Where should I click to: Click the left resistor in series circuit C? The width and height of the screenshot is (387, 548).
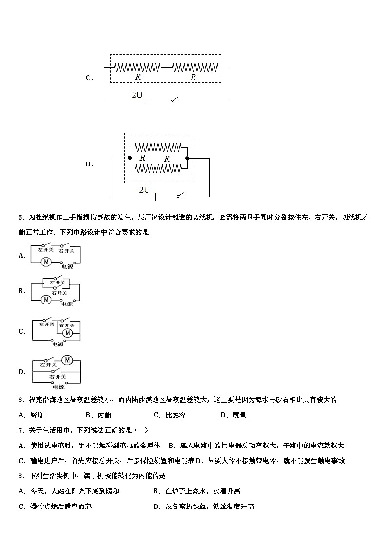(x=137, y=66)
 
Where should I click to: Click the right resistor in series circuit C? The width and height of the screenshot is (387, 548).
(x=196, y=66)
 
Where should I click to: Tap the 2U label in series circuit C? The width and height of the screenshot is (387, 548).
(x=137, y=95)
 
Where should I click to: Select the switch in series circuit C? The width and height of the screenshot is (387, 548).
(x=174, y=100)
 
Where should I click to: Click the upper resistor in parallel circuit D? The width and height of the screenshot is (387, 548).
(x=158, y=147)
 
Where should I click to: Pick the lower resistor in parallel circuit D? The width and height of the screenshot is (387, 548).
(x=158, y=168)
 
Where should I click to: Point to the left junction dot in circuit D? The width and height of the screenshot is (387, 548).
(x=129, y=158)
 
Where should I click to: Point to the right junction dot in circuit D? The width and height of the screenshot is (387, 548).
(x=188, y=158)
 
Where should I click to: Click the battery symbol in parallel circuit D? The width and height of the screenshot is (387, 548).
(x=155, y=197)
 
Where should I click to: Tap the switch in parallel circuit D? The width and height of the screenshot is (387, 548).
(x=180, y=196)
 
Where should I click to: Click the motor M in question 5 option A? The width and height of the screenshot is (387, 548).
(x=46, y=262)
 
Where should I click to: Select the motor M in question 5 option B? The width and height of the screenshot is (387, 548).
(x=46, y=299)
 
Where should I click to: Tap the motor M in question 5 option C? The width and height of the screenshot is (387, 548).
(x=68, y=333)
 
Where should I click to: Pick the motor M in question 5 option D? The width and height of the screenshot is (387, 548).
(x=67, y=360)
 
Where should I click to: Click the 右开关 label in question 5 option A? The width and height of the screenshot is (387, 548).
(x=66, y=251)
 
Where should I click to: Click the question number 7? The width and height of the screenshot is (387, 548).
(x=20, y=430)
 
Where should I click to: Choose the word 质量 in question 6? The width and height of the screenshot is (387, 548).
(x=239, y=415)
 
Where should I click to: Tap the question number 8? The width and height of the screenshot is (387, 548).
(x=20, y=476)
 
